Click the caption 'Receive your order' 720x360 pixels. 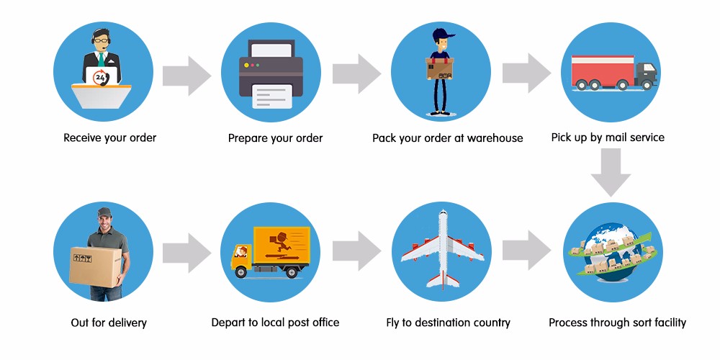[x=109, y=138]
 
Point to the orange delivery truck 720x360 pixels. [x=270, y=253]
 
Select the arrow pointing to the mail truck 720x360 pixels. [x=526, y=73]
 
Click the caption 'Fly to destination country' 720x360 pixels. [x=448, y=323]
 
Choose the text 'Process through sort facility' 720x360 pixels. [x=617, y=323]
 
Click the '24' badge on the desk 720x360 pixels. [x=101, y=77]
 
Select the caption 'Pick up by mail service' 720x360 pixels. [x=608, y=138]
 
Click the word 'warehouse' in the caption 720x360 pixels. [x=495, y=138]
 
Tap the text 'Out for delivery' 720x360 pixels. [x=109, y=323]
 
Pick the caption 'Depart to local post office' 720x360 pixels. [x=275, y=323]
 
